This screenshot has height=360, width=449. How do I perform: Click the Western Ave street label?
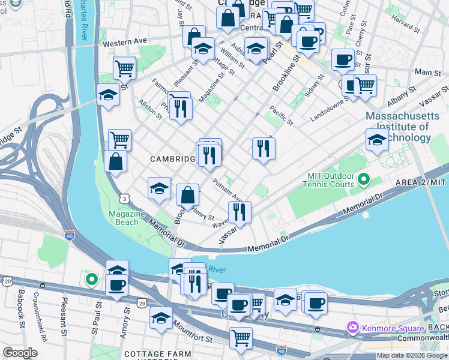pyautogui.click(x=124, y=43)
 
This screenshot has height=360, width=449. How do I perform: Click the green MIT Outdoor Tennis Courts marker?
pyautogui.click(x=363, y=179)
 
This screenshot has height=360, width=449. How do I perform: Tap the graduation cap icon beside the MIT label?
pyautogui.click(x=376, y=140)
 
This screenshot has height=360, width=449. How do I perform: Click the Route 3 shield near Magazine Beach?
pyautogui.click(x=124, y=198)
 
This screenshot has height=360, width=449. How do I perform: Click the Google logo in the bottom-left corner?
pyautogui.click(x=20, y=353)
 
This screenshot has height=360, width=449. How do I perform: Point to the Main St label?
pyautogui.click(x=427, y=72)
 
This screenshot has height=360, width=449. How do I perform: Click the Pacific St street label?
pyautogui.click(x=281, y=116)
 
